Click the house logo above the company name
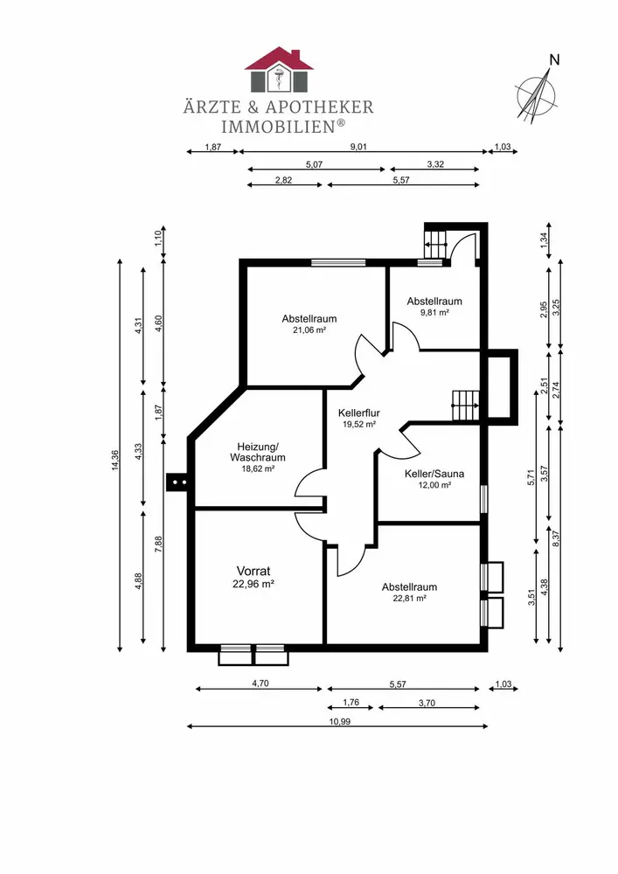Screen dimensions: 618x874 pos(279,70)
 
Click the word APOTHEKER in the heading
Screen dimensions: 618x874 pos(319,107)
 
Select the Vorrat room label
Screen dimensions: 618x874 pos(253,571)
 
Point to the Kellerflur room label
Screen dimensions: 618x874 pos(359,413)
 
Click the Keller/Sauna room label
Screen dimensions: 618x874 pos(434,474)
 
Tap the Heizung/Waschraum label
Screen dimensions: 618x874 pos(258,452)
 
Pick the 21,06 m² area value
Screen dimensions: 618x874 pos(309,330)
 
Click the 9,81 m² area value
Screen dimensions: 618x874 pos(434,313)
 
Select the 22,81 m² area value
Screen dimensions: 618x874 pos(410,599)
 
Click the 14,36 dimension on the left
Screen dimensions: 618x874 pos(115,461)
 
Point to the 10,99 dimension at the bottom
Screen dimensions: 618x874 pos(340,721)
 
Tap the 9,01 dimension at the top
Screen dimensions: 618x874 pos(358,147)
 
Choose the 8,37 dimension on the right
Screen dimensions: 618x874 pos(556,538)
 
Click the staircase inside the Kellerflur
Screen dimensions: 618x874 pos(465,406)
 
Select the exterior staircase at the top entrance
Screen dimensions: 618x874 pos(436,244)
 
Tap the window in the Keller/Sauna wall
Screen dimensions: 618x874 pos(483,499)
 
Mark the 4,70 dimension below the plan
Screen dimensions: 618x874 pos(260,683)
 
